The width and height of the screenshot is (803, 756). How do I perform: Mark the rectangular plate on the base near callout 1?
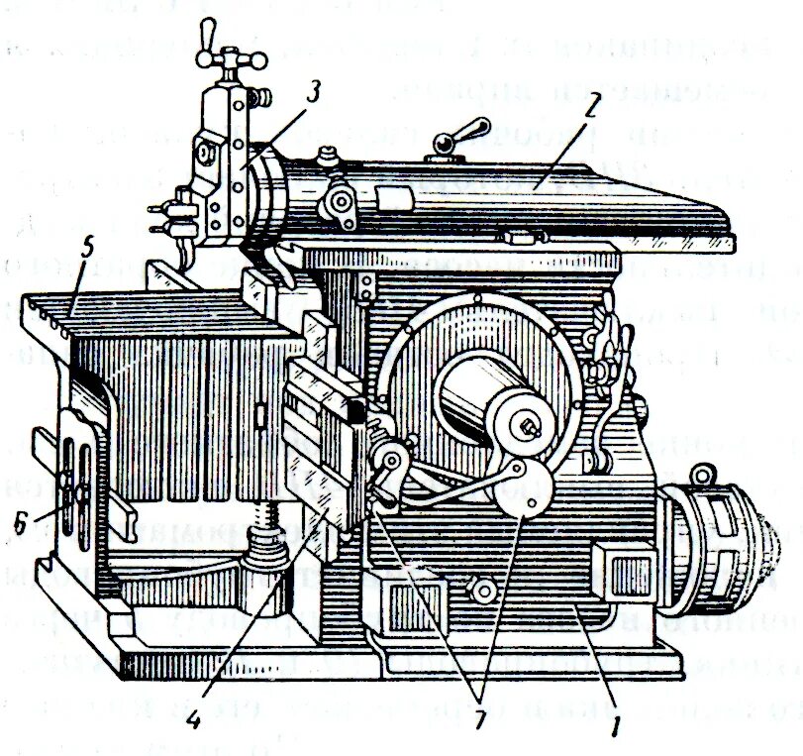click(x=615, y=574)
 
